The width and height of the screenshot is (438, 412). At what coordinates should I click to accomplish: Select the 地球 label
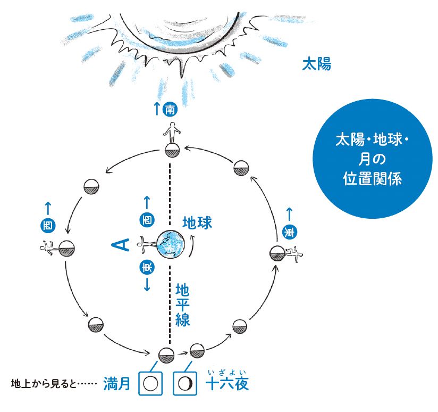(x=197, y=222)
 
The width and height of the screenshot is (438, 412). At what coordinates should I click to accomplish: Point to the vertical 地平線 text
(x=183, y=304)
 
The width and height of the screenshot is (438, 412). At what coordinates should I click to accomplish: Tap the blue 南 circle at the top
(x=170, y=110)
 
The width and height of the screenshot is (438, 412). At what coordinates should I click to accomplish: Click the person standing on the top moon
(x=171, y=132)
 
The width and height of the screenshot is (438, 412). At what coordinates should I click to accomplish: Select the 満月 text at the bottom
(x=117, y=384)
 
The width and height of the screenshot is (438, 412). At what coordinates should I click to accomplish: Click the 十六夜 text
(x=227, y=384)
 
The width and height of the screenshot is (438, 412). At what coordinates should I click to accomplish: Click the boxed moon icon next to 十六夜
(x=186, y=383)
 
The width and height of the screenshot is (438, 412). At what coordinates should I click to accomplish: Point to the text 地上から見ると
(x=53, y=383)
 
